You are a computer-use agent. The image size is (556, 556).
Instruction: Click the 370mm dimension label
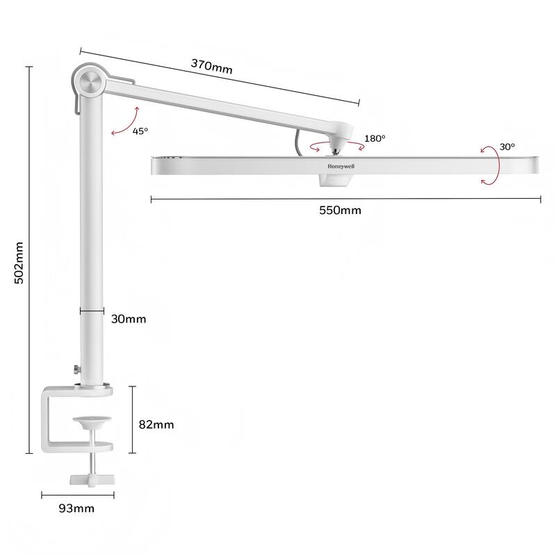[211, 67]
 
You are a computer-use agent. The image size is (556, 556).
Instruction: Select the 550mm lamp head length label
[340, 211]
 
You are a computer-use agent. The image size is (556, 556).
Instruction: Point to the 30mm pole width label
[129, 319]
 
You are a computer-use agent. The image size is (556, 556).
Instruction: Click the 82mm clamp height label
[157, 424]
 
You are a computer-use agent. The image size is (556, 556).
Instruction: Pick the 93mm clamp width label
[76, 509]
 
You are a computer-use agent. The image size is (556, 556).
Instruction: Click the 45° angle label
[140, 131]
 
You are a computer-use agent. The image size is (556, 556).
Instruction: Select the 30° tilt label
[507, 147]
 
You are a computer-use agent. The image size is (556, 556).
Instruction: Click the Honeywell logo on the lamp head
[345, 166]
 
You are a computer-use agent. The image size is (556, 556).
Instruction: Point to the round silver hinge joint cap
[90, 82]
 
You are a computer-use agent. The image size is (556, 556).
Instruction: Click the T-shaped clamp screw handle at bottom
[92, 479]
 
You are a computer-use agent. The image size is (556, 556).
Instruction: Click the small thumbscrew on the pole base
[74, 369]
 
